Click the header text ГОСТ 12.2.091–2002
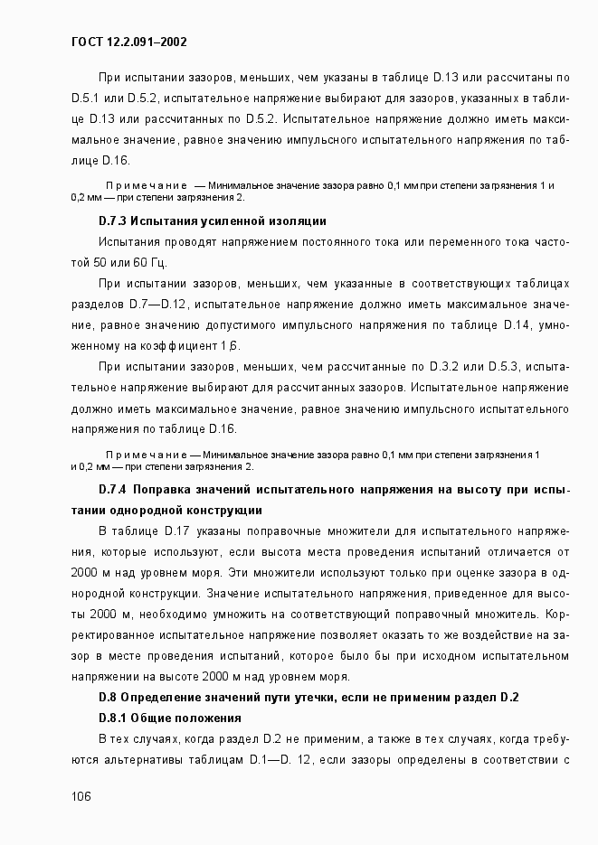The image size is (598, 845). pyautogui.click(x=129, y=42)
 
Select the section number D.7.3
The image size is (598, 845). pyautogui.click(x=113, y=221)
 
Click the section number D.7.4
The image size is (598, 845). pyautogui.click(x=113, y=489)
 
